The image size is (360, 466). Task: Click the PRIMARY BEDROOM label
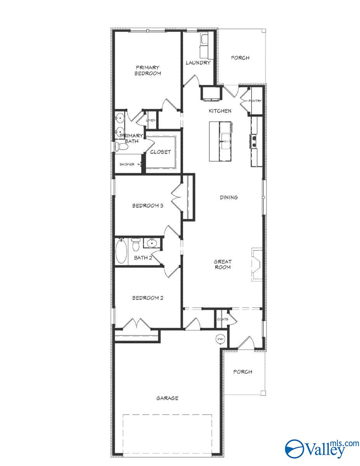pos(148,70)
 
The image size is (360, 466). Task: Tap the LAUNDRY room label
pos(198,63)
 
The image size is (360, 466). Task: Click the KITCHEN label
pos(220,111)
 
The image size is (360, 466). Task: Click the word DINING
pos(229,197)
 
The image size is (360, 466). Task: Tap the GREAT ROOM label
pos(223,264)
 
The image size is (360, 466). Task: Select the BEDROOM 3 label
pos(147,206)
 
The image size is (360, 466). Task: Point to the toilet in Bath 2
pos(136,245)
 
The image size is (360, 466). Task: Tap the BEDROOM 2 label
pos(147,298)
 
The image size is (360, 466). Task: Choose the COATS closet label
pos(223,319)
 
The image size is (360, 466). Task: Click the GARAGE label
pos(167,398)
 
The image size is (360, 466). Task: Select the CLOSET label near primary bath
pos(160,152)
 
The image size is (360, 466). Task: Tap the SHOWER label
pos(127,164)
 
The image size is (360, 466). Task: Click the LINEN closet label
pos(151,120)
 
